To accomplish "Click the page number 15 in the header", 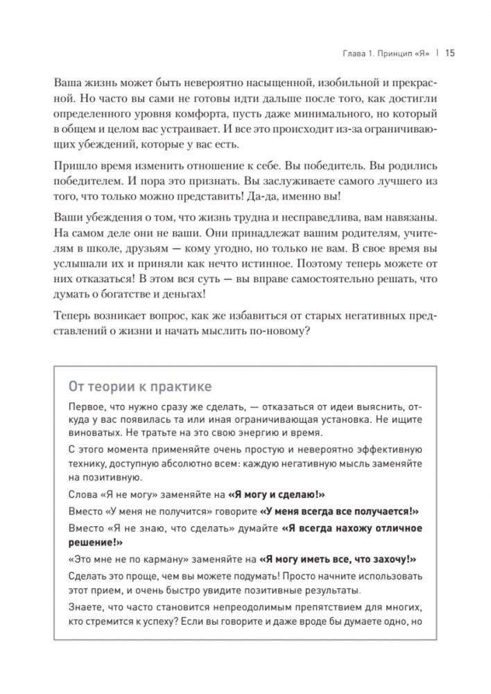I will coord(449,53).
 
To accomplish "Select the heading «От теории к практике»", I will coord(139,385).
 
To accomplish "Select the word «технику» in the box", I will coord(91,463).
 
